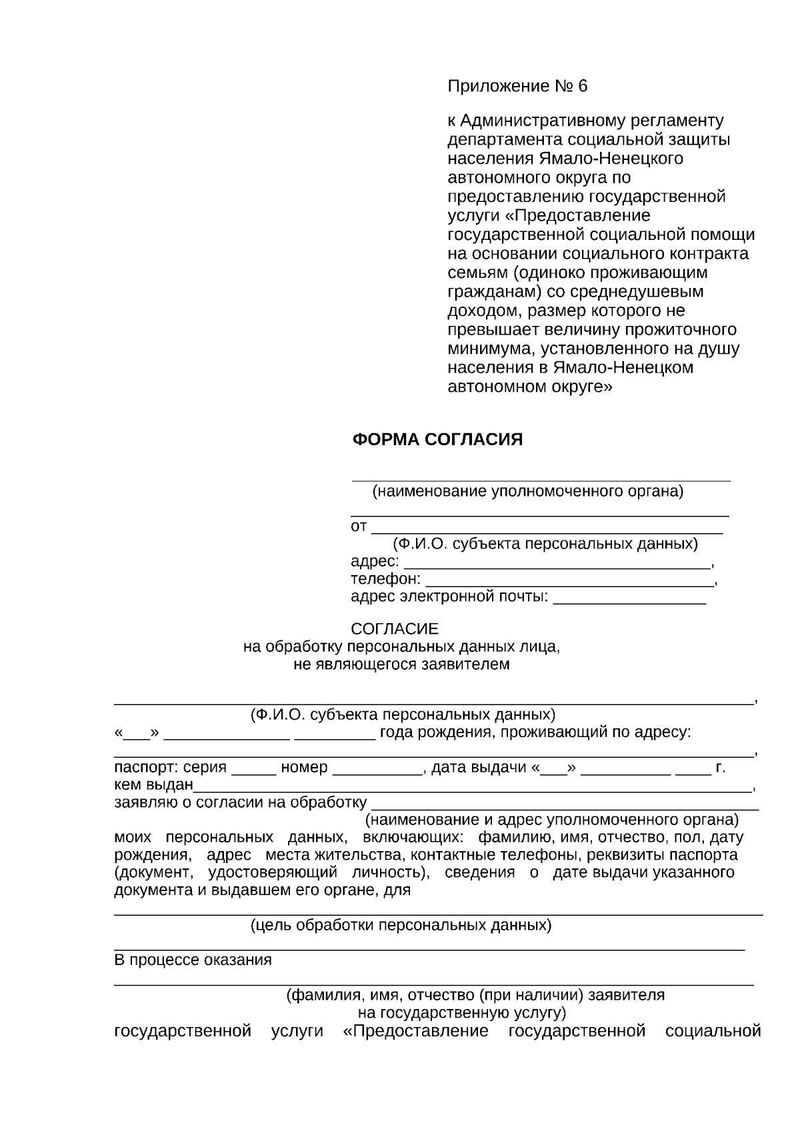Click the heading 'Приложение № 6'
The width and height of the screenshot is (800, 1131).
click(517, 87)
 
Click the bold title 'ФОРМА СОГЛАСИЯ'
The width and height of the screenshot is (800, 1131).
click(437, 440)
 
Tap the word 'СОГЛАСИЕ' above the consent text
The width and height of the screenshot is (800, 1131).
click(395, 629)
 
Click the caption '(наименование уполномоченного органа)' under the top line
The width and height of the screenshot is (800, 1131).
click(527, 492)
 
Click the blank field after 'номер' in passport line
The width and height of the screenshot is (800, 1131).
click(377, 769)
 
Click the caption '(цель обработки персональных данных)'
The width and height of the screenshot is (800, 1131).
click(401, 926)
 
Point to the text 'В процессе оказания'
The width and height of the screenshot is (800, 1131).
click(193, 960)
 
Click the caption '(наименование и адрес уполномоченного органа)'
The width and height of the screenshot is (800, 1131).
click(551, 820)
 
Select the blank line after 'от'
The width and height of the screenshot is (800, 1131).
click(547, 529)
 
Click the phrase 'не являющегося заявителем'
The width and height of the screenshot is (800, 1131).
click(401, 664)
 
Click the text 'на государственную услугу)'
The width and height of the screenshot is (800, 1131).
click(462, 1013)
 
